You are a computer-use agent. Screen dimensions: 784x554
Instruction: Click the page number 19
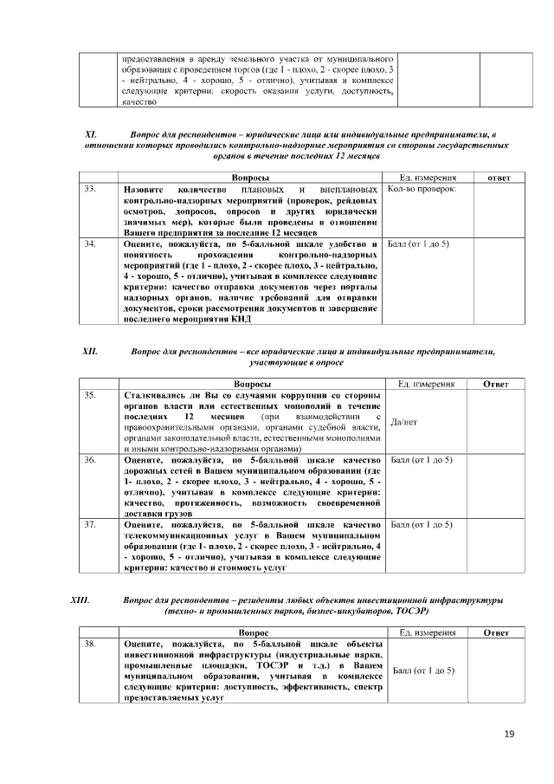(x=509, y=735)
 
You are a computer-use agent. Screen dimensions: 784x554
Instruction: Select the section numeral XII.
(x=89, y=352)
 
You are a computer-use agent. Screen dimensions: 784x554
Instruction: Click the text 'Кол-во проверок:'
(x=422, y=189)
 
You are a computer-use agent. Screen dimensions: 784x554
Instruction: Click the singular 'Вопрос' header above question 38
(x=253, y=632)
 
